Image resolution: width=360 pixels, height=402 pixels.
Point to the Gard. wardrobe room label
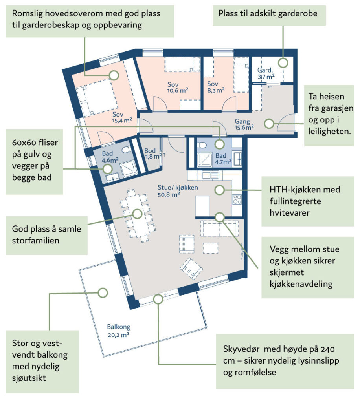tap(265, 74)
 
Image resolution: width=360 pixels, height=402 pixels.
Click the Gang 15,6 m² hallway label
tap(244, 124)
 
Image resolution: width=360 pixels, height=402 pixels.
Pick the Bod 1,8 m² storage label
tap(152, 153)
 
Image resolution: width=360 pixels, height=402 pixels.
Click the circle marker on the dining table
tap(137, 214)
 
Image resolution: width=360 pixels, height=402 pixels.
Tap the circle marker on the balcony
tap(103, 292)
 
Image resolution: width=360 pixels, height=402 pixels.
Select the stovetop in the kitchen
tap(237, 199)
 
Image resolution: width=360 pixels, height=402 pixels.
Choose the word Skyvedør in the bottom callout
tap(241, 349)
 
